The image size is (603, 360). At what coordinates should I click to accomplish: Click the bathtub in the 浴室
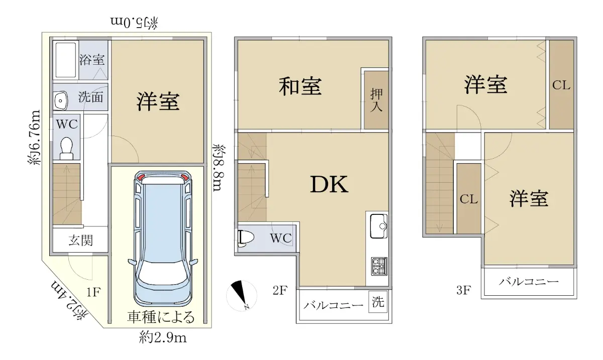click(66, 60)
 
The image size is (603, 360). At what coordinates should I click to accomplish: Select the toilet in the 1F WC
click(66, 148)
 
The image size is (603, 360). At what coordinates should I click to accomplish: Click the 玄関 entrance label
click(81, 241)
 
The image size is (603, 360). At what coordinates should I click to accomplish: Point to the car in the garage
click(163, 238)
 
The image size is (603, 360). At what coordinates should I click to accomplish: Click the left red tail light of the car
click(141, 177)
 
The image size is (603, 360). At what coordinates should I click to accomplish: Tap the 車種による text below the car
click(161, 317)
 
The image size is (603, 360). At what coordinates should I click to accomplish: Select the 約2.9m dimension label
click(163, 337)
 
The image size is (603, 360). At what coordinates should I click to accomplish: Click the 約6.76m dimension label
click(34, 137)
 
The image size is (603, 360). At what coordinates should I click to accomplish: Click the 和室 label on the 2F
click(300, 87)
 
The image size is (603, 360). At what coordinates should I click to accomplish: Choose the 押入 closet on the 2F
click(376, 100)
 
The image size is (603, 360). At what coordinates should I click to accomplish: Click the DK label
click(329, 184)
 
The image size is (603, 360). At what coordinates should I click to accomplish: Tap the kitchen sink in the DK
click(379, 226)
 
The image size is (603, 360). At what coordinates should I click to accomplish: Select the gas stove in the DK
click(379, 266)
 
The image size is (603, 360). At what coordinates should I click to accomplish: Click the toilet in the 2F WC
click(246, 237)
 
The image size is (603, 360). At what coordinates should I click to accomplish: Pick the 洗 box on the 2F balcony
click(378, 302)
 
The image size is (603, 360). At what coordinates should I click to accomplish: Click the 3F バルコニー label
click(529, 282)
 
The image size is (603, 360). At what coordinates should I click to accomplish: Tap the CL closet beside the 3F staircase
click(469, 198)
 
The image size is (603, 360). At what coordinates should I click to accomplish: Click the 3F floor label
click(463, 290)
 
